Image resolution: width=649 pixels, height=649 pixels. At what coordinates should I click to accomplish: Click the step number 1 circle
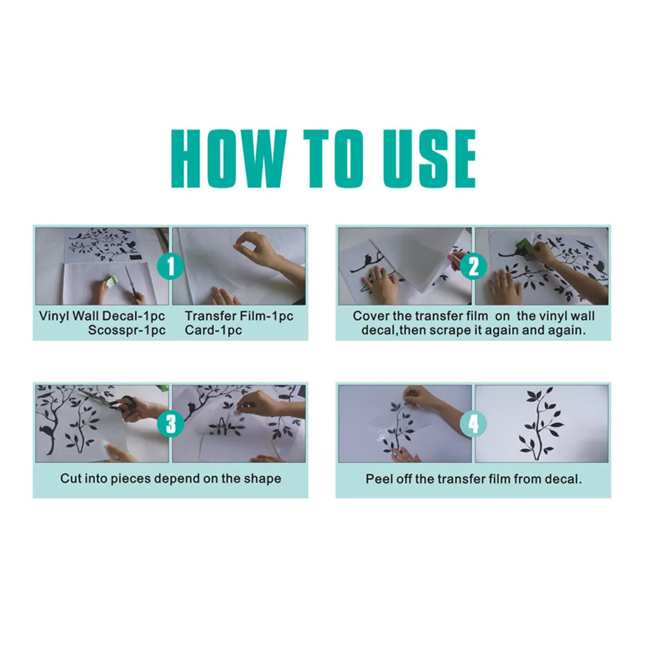click(x=170, y=266)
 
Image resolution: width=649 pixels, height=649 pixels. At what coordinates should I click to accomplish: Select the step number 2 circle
click(x=473, y=266)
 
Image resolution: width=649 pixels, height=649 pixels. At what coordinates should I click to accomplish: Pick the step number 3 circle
click(x=170, y=423)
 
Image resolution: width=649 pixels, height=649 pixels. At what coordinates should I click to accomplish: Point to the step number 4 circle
click(x=473, y=423)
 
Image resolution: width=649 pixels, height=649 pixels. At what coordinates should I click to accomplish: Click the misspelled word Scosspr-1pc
click(x=127, y=330)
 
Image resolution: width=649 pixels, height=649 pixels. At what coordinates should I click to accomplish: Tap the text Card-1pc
click(x=213, y=330)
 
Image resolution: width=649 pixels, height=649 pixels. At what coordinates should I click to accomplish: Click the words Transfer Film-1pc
click(x=239, y=316)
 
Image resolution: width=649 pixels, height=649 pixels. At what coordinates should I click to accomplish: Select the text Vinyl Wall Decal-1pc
click(x=102, y=316)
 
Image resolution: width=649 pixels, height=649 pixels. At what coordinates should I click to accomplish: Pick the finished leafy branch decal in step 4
click(x=541, y=423)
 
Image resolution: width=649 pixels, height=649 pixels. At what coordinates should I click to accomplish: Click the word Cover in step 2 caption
click(x=371, y=316)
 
